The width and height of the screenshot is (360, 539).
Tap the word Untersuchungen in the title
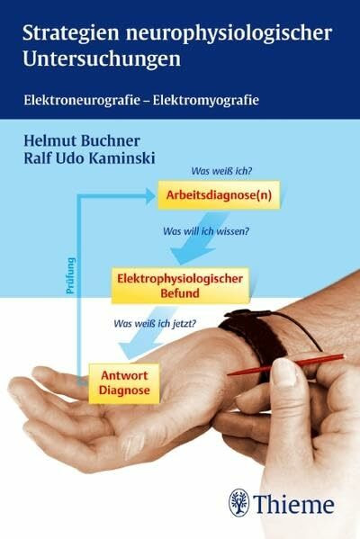tap(102, 58)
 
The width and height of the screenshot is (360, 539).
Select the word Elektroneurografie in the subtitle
tap(82, 101)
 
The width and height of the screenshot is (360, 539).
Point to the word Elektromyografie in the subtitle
tap(206, 101)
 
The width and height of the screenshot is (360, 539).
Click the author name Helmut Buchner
tap(82, 141)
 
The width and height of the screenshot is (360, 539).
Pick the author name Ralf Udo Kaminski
tap(89, 158)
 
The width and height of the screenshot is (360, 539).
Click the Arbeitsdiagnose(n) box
tap(219, 195)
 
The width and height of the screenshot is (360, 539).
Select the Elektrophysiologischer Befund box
tap(180, 285)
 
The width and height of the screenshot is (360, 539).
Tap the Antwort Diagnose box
tap(124, 383)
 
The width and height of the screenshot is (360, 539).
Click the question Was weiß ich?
tap(221, 171)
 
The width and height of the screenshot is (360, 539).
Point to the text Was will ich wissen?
tap(206, 231)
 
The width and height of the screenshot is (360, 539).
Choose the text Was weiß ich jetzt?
tap(155, 323)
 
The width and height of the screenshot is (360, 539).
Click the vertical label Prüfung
tap(71, 275)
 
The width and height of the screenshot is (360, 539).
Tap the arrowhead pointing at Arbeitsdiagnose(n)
tap(150, 196)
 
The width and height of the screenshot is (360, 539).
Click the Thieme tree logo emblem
tap(239, 502)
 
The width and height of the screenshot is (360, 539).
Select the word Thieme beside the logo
tap(294, 504)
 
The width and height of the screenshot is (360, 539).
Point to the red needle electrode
tap(285, 365)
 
